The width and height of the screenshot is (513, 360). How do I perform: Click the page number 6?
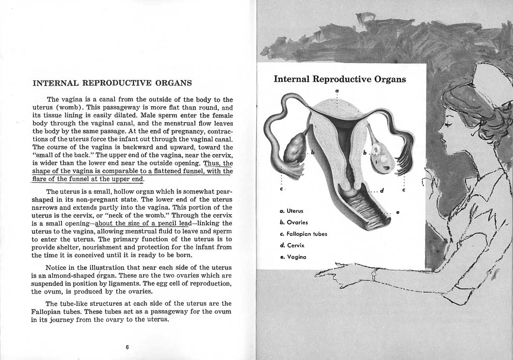click(x=127, y=347)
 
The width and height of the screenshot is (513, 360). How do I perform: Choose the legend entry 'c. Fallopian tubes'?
click(x=304, y=234)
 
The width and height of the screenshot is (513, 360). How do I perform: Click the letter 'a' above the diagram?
click(x=337, y=91)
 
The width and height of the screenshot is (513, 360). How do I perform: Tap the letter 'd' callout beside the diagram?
click(x=382, y=190)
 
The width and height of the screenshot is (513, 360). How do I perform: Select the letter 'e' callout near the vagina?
click(x=398, y=212)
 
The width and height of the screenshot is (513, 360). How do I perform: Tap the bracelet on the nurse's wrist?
click(x=374, y=275)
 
